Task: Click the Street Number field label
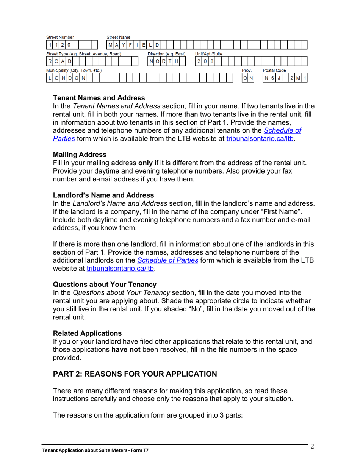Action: coord(60,37)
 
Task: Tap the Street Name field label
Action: coord(118,37)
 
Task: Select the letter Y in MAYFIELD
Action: coord(124,45)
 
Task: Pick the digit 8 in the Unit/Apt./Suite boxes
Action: coord(212,61)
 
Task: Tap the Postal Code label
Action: coord(274,70)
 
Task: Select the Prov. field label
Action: coord(247,70)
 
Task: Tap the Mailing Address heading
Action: coord(80,155)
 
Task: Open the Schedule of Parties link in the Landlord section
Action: coord(168,260)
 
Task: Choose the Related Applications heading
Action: coord(87,333)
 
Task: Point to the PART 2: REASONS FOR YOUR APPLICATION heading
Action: coord(135,374)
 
